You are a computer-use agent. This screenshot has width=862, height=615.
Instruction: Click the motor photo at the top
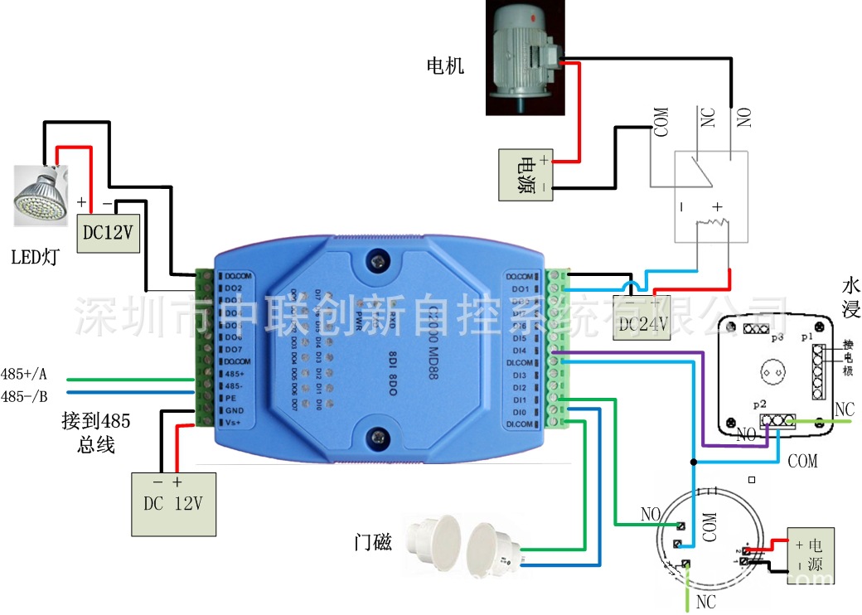(x=525, y=56)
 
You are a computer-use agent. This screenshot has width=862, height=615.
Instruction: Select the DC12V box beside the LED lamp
(x=108, y=233)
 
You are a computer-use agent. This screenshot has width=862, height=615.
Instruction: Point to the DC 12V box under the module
(x=173, y=504)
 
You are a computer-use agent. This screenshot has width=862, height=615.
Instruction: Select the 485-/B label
(x=25, y=395)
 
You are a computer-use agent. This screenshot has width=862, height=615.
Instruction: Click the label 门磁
(x=372, y=543)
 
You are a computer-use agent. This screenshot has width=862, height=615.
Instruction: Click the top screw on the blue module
(x=379, y=260)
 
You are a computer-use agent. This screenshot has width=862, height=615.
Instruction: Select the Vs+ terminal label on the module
(x=234, y=424)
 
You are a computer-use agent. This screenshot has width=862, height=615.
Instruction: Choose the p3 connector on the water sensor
(x=755, y=329)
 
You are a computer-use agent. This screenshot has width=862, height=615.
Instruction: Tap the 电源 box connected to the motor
(x=527, y=175)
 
